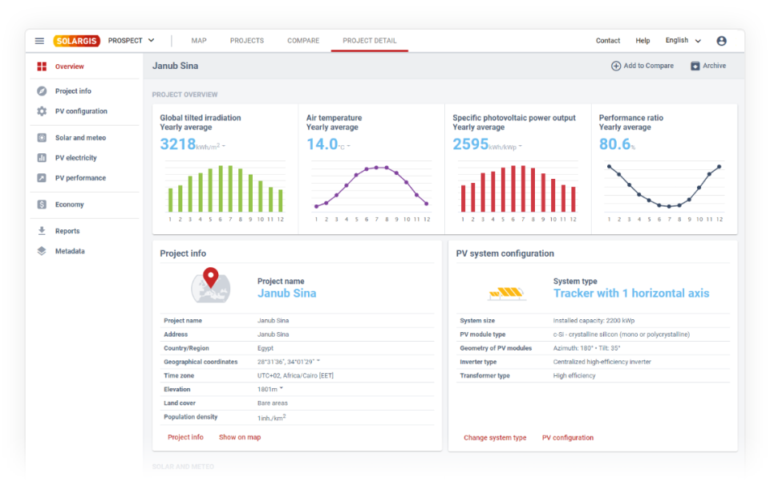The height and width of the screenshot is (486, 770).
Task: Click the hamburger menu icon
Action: click(x=39, y=41)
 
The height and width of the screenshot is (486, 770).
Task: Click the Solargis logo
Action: click(x=77, y=41)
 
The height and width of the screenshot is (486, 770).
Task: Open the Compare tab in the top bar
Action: click(x=303, y=41)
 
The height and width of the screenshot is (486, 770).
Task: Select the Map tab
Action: click(x=199, y=41)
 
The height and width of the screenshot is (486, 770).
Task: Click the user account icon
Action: click(x=721, y=41)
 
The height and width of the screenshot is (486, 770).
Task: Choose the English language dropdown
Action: click(x=683, y=41)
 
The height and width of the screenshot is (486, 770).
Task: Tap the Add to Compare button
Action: click(x=642, y=66)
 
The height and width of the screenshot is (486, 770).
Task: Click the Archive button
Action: click(x=708, y=66)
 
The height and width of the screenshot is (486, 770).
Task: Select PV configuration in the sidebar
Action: click(x=80, y=111)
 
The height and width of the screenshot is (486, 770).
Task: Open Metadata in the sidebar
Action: click(x=70, y=251)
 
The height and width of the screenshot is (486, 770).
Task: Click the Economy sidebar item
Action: click(x=69, y=205)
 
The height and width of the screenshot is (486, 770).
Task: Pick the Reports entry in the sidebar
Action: click(x=67, y=231)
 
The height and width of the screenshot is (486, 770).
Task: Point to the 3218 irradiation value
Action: click(x=178, y=144)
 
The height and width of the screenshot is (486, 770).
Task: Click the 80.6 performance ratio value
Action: click(x=615, y=144)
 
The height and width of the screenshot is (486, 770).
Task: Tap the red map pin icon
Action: click(x=210, y=277)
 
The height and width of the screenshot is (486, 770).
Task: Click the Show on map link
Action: click(x=240, y=437)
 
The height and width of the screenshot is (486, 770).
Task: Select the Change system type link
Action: click(x=495, y=438)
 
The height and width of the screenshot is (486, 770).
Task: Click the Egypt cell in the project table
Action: click(x=265, y=348)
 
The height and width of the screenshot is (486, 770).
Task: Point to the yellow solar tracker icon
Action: click(x=507, y=293)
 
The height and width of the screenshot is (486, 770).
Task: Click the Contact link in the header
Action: click(x=608, y=41)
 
